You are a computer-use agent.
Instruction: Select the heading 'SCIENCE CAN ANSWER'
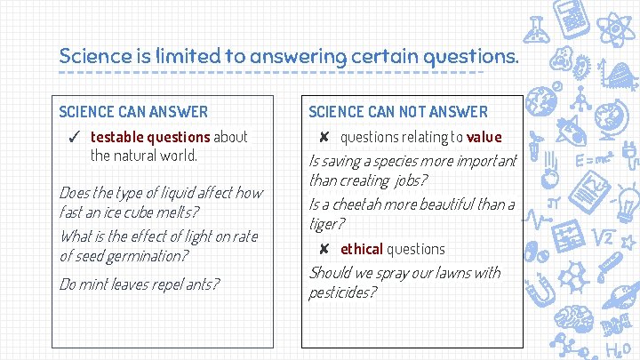[133, 111]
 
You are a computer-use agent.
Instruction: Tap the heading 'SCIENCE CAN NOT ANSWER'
[398, 111]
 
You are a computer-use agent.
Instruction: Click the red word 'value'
[484, 137]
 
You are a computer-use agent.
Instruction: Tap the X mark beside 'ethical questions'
[325, 249]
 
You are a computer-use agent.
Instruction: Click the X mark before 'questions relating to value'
[325, 137]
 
